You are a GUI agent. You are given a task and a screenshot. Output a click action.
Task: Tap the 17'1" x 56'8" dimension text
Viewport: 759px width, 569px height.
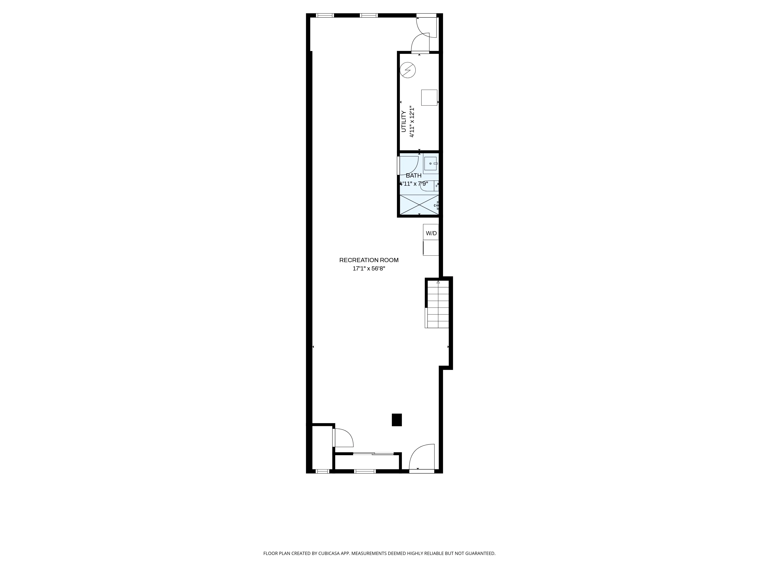point(369,269)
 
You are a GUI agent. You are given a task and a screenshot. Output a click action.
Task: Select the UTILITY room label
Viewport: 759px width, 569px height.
point(404,121)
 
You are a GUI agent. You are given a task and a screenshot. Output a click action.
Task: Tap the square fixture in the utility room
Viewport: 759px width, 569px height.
point(429,97)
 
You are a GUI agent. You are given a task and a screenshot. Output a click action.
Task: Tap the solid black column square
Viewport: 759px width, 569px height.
point(397,420)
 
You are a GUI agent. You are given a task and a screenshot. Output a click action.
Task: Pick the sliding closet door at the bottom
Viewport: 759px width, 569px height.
point(373,454)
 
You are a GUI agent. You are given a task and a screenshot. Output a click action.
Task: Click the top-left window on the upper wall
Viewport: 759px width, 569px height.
point(325,15)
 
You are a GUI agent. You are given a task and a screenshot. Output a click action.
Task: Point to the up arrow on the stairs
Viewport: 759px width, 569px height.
point(438,282)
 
